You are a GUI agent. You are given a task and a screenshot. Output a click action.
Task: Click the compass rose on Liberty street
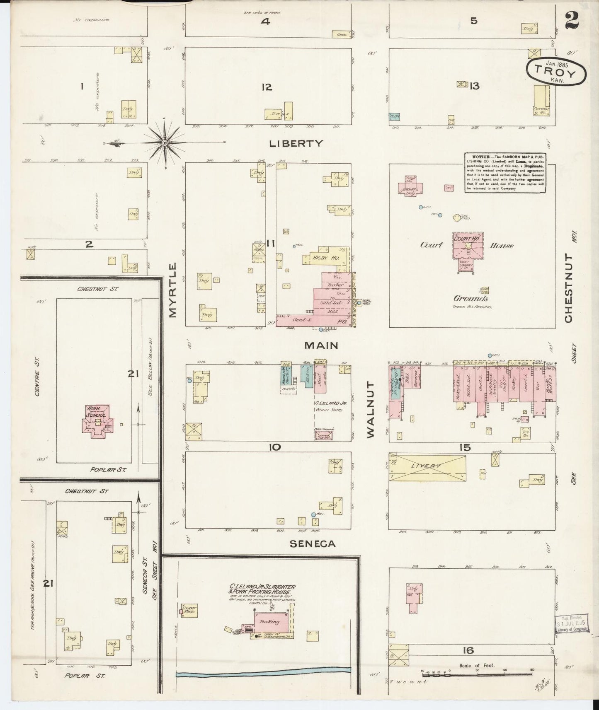165,143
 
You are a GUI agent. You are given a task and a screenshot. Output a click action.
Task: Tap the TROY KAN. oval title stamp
557,71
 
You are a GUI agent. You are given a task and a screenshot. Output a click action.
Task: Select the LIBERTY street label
296,143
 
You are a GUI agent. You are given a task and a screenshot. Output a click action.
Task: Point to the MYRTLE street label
173,290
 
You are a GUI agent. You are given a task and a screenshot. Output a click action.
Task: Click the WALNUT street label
370,409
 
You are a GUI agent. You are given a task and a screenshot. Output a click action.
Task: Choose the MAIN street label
321,345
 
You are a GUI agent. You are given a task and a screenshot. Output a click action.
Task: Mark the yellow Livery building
427,467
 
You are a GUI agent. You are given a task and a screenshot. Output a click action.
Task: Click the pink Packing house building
271,622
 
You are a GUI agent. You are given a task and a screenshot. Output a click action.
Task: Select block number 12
267,87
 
